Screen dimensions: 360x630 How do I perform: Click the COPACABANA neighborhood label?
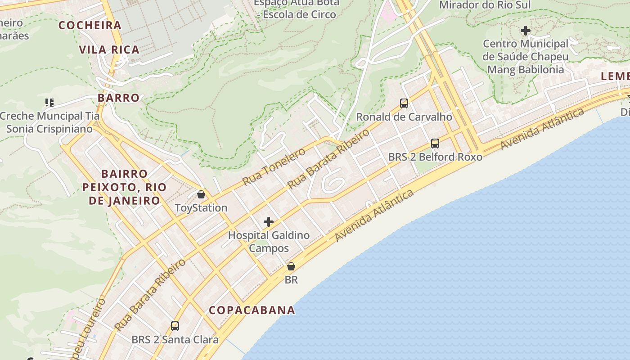click(252, 310)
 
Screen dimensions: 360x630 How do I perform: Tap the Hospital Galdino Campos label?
click(269, 242)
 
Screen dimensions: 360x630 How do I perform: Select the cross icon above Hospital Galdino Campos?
click(269, 222)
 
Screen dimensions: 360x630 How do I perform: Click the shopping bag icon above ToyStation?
click(201, 194)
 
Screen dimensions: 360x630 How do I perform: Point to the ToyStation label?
click(201, 208)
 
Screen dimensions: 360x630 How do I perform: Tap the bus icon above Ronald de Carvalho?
click(404, 103)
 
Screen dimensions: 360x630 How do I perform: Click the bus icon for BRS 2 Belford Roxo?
click(435, 144)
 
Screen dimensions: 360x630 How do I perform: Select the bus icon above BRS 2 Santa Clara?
click(175, 326)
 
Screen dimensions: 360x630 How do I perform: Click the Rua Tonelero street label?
click(274, 166)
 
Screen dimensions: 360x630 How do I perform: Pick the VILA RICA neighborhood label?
click(109, 49)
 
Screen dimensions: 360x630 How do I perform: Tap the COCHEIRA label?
click(90, 25)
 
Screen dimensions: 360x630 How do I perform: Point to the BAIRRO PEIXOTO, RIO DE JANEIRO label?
click(124, 187)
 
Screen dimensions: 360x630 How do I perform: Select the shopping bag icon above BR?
click(291, 266)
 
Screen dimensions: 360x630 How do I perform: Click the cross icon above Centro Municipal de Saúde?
click(525, 31)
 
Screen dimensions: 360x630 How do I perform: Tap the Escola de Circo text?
click(299, 14)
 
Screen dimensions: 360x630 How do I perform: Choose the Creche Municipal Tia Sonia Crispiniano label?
click(49, 122)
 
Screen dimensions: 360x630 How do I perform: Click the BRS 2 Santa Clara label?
click(175, 340)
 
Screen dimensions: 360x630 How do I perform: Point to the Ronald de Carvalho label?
click(404, 117)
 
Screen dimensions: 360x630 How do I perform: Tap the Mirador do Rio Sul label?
click(485, 5)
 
